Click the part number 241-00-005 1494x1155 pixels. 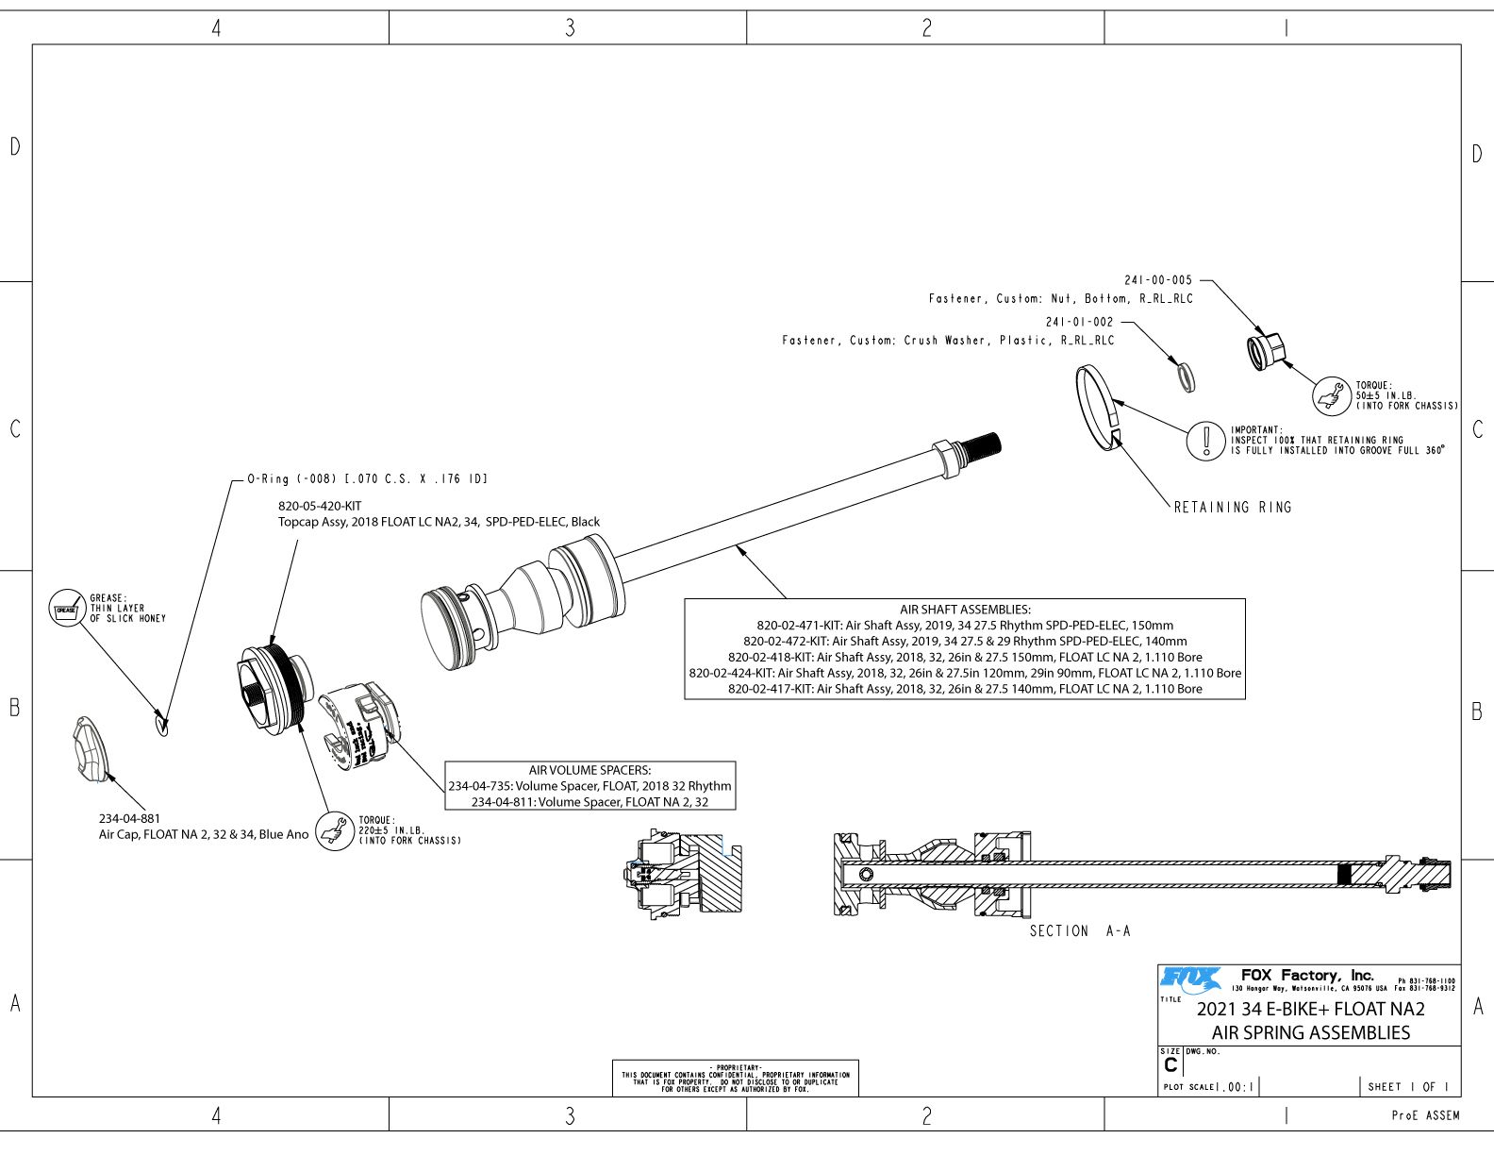pyautogui.click(x=1157, y=280)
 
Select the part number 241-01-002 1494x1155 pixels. pyautogui.click(x=1079, y=322)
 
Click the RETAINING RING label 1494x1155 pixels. pyautogui.click(x=1233, y=508)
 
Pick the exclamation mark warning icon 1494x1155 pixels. pyautogui.click(x=1205, y=441)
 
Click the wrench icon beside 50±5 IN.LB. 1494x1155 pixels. pyautogui.click(x=1333, y=395)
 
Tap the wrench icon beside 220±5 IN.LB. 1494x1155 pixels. pyautogui.click(x=334, y=831)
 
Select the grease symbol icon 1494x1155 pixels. pyautogui.click(x=66, y=609)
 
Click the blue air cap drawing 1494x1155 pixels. pyautogui.click(x=91, y=749)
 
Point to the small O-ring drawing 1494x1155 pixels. pyautogui.click(x=161, y=725)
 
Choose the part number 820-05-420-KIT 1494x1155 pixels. pyautogui.click(x=320, y=507)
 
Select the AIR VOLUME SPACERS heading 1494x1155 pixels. pyautogui.click(x=589, y=770)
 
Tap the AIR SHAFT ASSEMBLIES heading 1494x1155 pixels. pyautogui.click(x=965, y=610)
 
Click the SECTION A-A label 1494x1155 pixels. pyautogui.click(x=1079, y=931)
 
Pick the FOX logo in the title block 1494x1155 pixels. pyautogui.click(x=1189, y=979)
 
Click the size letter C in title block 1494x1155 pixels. pyautogui.click(x=1170, y=1065)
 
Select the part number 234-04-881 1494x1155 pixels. pyautogui.click(x=129, y=818)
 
